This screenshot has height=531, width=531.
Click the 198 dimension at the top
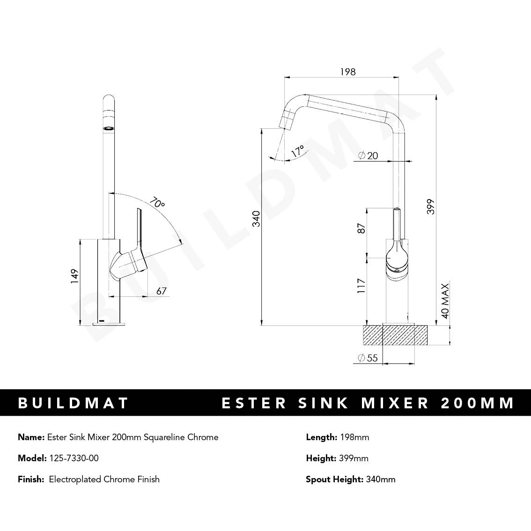347,72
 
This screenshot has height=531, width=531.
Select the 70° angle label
157,204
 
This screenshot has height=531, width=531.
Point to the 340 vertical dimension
256,219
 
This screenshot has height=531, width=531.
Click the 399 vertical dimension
431,206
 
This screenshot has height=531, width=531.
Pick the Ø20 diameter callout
368,156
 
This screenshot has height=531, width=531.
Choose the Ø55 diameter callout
368,358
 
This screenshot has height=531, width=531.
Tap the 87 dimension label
361,229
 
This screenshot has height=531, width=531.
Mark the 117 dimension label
361,286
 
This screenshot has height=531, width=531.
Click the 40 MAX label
445,301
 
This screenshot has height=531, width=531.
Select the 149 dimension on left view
74,276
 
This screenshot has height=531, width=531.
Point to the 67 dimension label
162,291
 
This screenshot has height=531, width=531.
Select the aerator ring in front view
108,127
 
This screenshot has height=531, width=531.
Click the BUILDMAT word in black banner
73,403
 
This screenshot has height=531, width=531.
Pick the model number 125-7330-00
74,458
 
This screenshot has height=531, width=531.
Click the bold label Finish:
31,479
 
